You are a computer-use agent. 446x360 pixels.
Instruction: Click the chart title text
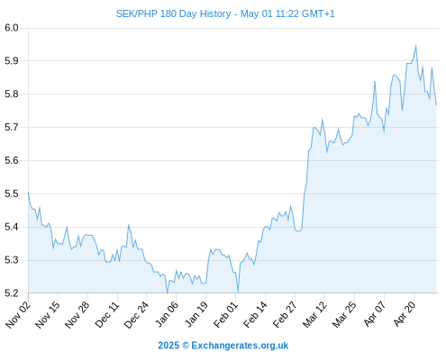coord(225,13)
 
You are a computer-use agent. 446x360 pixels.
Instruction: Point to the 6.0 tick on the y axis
coord(12,28)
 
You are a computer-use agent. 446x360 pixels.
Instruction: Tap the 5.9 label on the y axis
coord(12,61)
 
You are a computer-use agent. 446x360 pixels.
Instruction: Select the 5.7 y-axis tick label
coord(12,128)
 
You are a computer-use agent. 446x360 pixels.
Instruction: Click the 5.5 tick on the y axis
coord(12,193)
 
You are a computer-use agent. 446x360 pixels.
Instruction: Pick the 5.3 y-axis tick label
coord(12,260)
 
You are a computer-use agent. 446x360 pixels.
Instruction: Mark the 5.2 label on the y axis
coord(12,292)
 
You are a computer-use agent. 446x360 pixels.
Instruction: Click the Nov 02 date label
coord(18,314)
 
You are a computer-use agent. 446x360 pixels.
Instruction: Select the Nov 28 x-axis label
coord(77,314)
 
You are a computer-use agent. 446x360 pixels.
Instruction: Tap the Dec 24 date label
coord(136,314)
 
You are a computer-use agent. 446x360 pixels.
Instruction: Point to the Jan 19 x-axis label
coord(196,314)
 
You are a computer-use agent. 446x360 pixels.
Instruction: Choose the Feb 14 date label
coord(255,314)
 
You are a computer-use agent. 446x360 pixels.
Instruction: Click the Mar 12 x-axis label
coord(314,314)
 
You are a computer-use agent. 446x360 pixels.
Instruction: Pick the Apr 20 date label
coord(404,314)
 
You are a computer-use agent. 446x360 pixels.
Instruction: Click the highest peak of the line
coord(416,45)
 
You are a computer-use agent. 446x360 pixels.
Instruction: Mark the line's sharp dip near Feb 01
coord(238,292)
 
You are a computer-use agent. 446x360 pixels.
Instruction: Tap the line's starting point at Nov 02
coord(28,192)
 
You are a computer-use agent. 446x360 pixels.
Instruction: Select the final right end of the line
coord(436,105)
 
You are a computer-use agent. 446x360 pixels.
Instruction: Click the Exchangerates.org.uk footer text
coord(240,346)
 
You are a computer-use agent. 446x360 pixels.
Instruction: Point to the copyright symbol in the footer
coord(186,346)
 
